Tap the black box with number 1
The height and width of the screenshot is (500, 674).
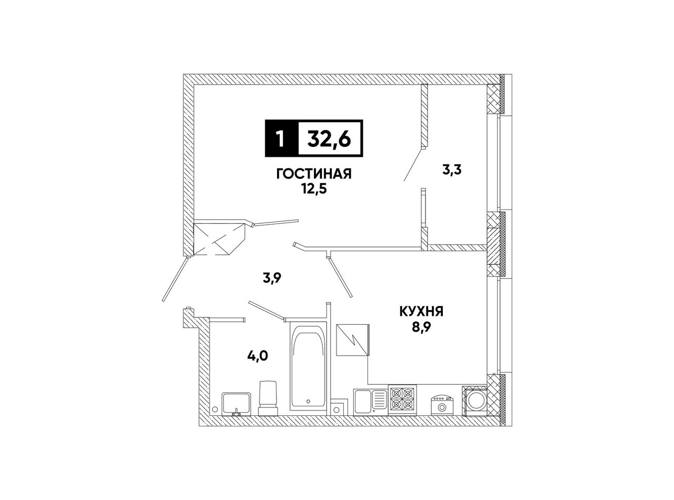[281, 138]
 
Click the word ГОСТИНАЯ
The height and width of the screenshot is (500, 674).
[314, 174]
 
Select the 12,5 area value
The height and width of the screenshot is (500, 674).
[314, 189]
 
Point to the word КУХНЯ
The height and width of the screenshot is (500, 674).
[421, 312]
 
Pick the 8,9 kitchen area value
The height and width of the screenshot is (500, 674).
[421, 327]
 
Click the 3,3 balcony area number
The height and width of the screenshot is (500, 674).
[452, 170]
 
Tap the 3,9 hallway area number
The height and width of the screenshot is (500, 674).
[273, 278]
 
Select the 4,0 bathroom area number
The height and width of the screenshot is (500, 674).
[257, 355]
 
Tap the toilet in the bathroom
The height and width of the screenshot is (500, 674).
[268, 397]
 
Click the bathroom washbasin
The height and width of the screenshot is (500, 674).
[236, 404]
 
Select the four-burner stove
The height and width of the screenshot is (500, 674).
[402, 400]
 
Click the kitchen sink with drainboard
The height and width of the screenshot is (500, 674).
[370, 401]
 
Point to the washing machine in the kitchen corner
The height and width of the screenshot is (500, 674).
[474, 401]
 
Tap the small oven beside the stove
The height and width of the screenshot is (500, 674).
[442, 405]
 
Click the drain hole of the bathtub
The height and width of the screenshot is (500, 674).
[309, 401]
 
